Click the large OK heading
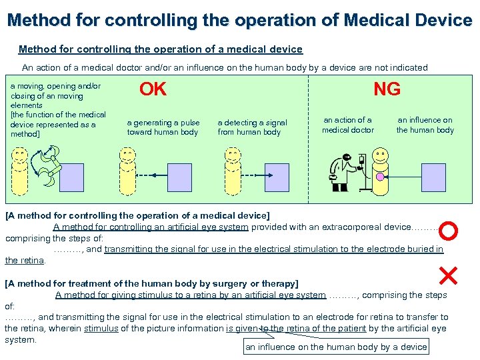153,89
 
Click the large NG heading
387,89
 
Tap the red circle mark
449,231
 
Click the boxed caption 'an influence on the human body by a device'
336,347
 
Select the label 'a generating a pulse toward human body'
163,127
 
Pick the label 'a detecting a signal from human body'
252,127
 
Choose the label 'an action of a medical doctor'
348,125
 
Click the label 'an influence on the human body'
425,125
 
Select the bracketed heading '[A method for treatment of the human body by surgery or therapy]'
151,283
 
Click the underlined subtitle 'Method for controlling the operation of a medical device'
160,49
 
